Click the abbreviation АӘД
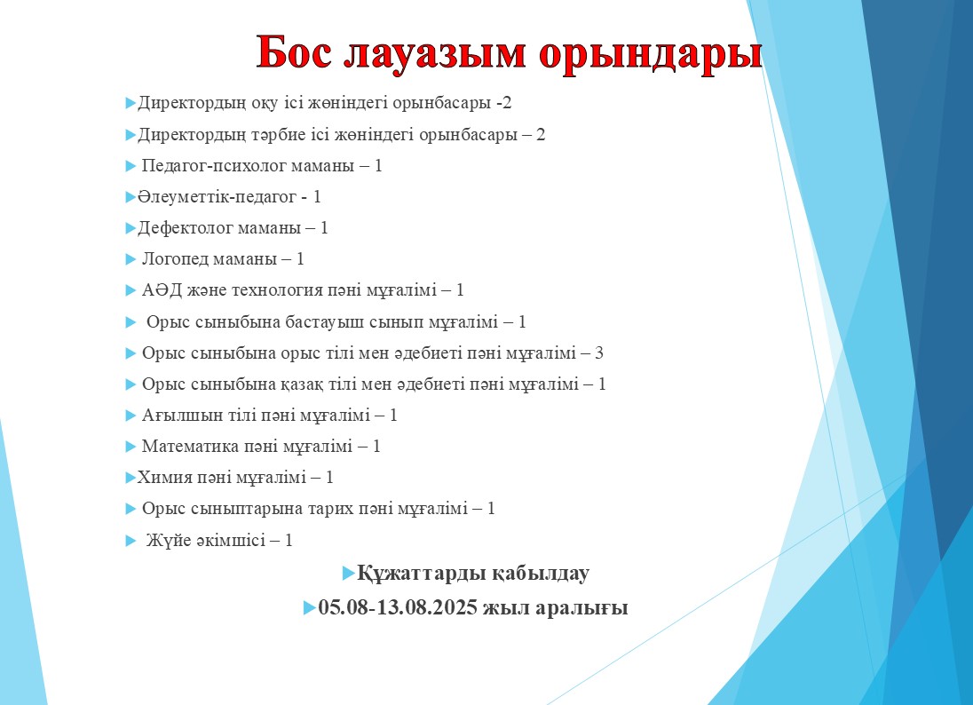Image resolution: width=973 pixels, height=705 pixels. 159,290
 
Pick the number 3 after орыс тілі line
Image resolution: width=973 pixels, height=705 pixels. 599,353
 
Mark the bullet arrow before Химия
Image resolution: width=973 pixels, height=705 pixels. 131,478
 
